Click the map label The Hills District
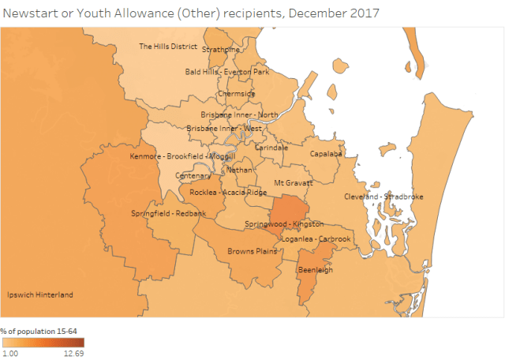(x=168, y=47)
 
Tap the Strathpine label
(x=221, y=50)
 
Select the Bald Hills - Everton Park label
(x=227, y=72)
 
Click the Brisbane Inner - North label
(x=239, y=114)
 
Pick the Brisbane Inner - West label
(x=224, y=129)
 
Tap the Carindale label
(x=271, y=148)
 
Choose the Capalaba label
(x=326, y=154)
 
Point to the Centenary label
(x=193, y=175)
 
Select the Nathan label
(x=239, y=170)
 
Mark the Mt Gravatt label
(x=294, y=183)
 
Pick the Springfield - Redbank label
(x=168, y=214)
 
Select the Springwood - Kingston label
(x=284, y=224)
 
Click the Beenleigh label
(x=313, y=270)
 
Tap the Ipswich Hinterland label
(x=39, y=295)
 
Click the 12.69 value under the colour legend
(x=74, y=354)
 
